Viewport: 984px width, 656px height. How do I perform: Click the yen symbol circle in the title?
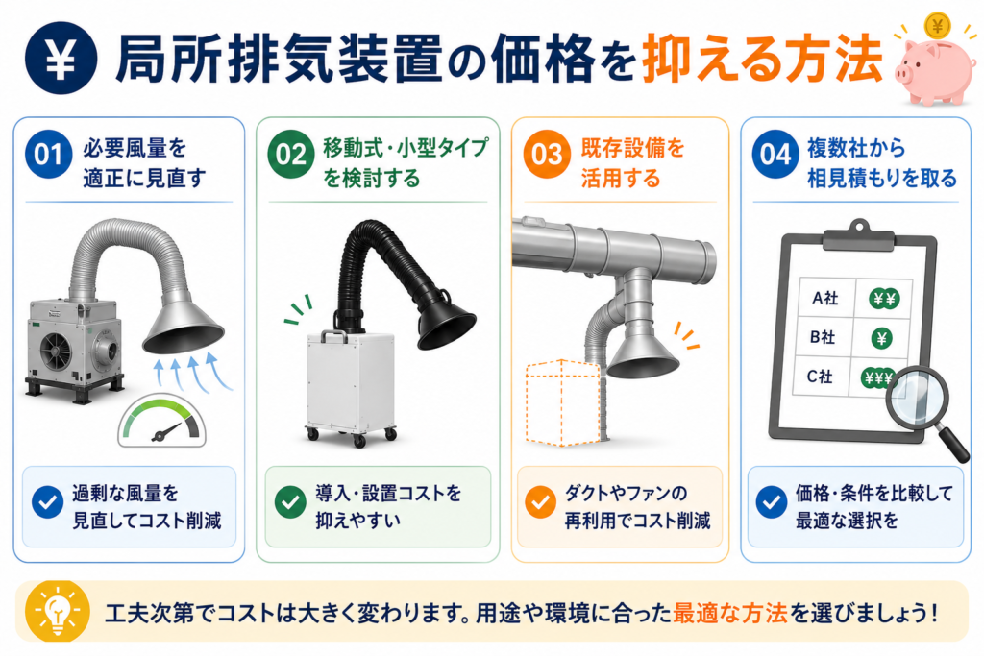point(61,59)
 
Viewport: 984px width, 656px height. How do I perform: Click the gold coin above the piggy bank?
point(938,26)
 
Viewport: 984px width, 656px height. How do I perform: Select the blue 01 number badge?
point(48,155)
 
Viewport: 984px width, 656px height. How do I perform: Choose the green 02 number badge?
point(290,155)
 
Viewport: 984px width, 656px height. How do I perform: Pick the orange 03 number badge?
point(547,155)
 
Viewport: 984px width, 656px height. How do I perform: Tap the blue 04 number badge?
point(775,155)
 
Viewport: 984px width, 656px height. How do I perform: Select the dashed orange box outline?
point(562,402)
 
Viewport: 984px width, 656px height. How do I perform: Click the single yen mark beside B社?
point(881,339)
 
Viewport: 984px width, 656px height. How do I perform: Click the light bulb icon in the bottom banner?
point(57,612)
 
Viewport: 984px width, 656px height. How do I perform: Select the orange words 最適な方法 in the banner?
point(730,613)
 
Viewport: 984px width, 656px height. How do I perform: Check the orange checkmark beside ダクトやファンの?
point(540,502)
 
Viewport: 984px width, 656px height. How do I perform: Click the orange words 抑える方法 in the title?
point(762,59)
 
